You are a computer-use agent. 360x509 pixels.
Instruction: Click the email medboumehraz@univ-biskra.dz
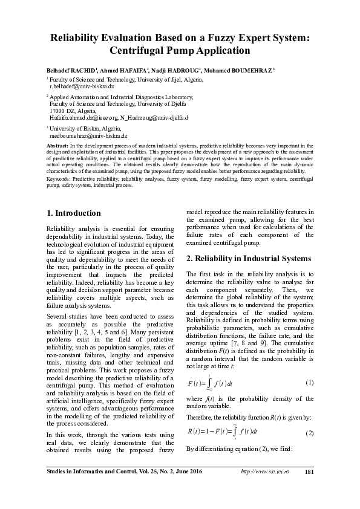point(88,137)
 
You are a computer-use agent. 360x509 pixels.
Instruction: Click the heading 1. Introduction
point(74,213)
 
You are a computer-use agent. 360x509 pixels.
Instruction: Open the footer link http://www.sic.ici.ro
point(264,488)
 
